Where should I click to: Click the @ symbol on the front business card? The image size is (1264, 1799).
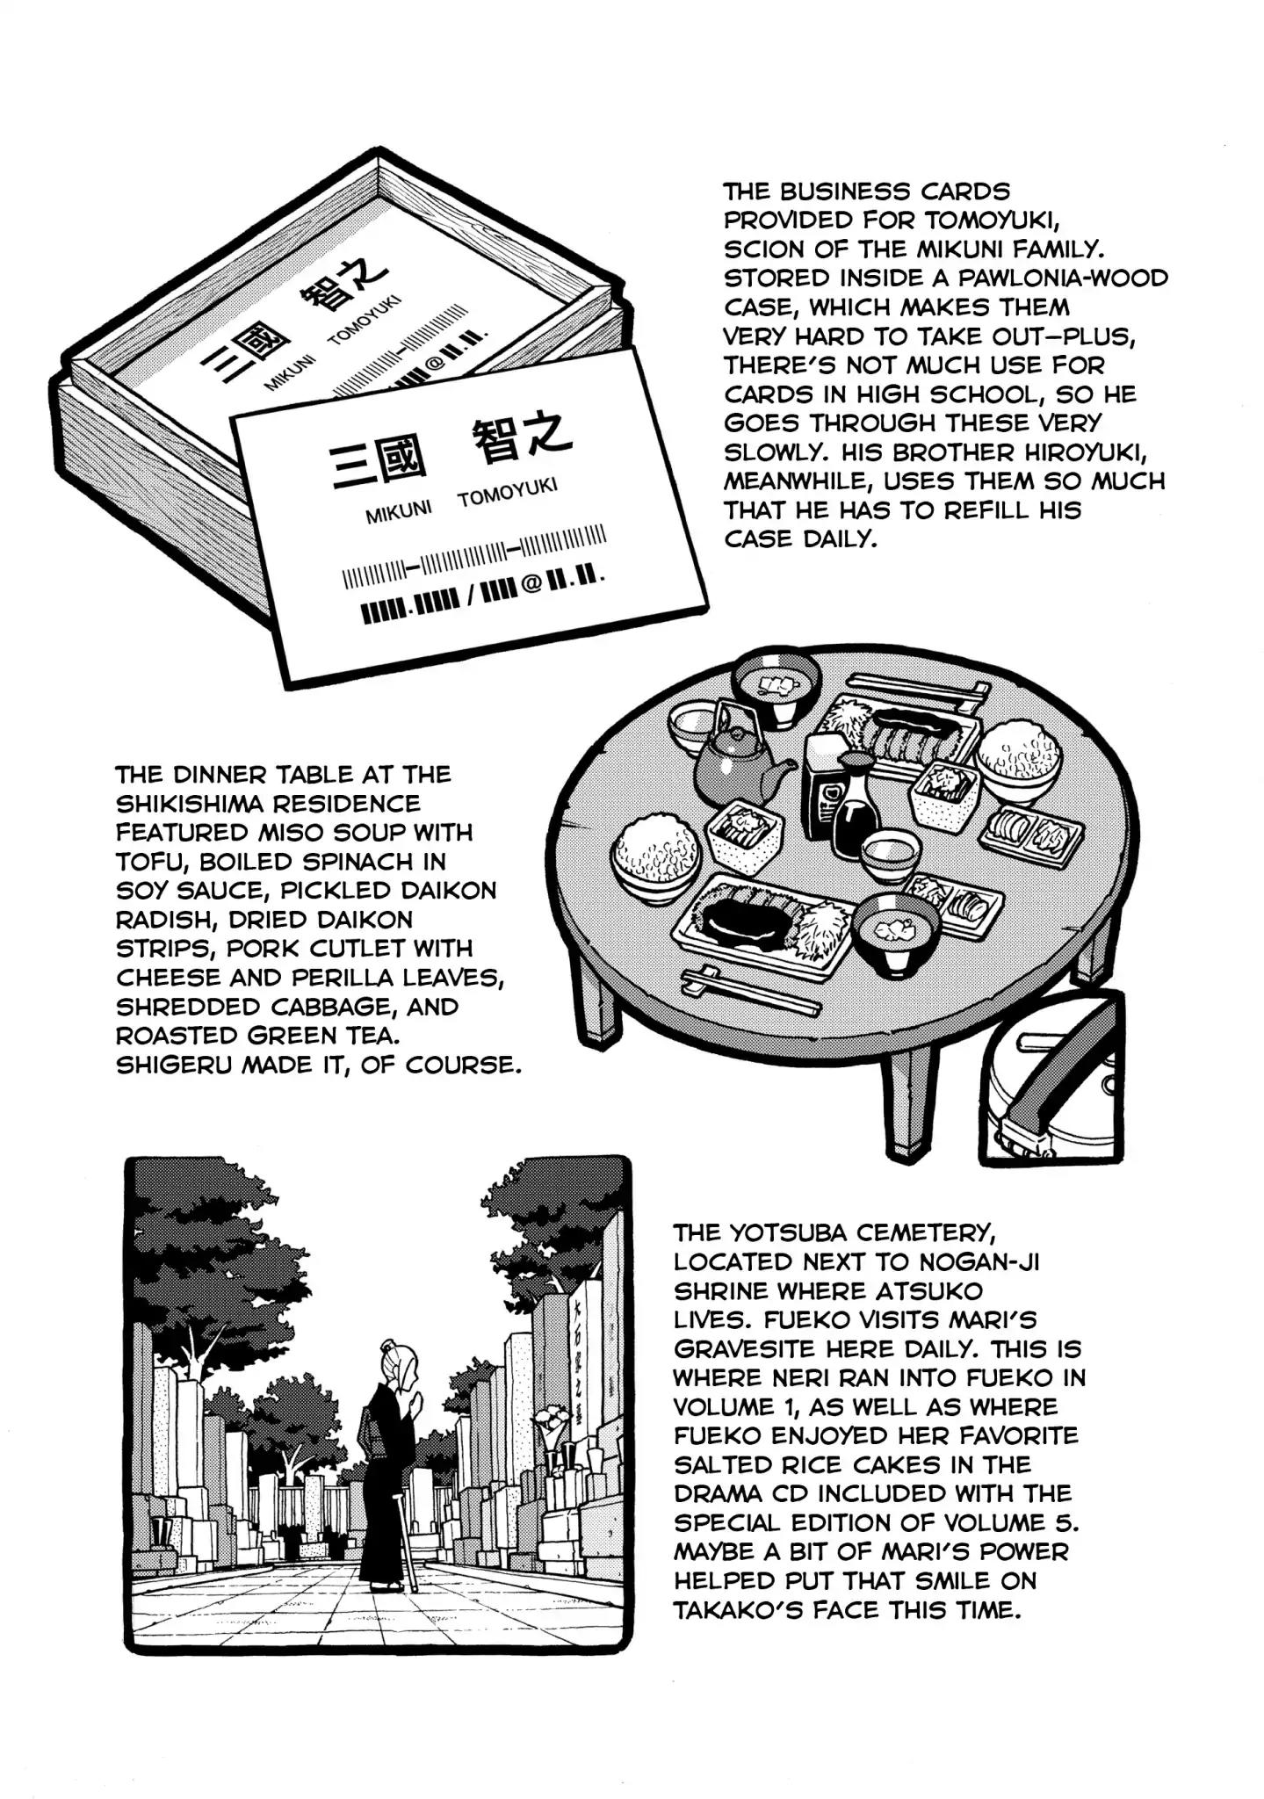click(531, 583)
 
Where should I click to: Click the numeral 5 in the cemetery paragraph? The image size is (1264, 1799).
click(1060, 1523)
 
